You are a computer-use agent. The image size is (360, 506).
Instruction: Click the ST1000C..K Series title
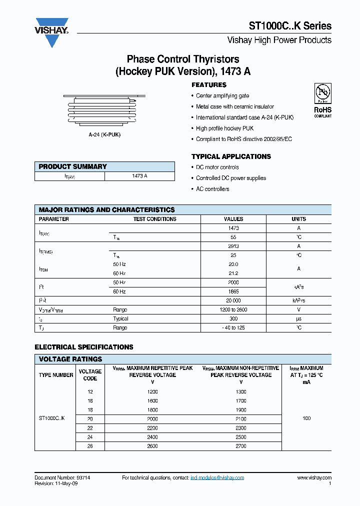pos(290,26)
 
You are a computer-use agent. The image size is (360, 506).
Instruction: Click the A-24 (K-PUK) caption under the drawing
pos(104,135)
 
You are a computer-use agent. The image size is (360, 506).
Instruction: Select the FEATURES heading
pos(209,85)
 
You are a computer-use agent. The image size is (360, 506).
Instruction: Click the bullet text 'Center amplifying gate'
pos(222,95)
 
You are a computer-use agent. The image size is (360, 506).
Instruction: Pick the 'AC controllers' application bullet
pos(212,189)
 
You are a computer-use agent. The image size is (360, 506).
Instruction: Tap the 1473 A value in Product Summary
pos(139,176)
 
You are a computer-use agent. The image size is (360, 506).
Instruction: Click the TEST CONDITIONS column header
pos(154,219)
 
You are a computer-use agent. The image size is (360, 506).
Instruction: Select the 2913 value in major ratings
pos(233,246)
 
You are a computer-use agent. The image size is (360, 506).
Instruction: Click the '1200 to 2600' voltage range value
pos(233,309)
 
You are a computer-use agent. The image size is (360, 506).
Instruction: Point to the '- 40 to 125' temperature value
pos(233,327)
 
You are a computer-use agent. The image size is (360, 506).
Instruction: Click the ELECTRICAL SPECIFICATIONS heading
pos(84,347)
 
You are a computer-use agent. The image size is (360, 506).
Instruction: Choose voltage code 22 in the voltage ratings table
pos(90,428)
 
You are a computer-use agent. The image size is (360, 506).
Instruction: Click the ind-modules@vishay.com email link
pos(217,478)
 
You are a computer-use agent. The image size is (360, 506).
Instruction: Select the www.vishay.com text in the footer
pos(314,478)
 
